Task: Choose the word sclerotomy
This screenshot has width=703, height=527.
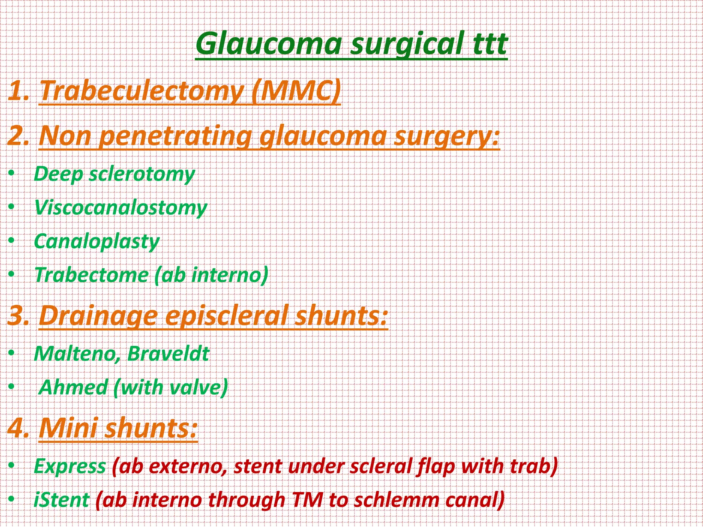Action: [x=142, y=174]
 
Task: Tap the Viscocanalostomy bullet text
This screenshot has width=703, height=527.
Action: [x=121, y=208]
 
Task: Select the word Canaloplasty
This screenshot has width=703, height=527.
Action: [x=97, y=241]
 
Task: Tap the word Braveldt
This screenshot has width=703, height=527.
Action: [x=168, y=354]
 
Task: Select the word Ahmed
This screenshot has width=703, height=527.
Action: [x=73, y=387]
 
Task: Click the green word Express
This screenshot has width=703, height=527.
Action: [x=70, y=466]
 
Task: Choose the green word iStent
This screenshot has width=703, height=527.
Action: [x=62, y=500]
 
